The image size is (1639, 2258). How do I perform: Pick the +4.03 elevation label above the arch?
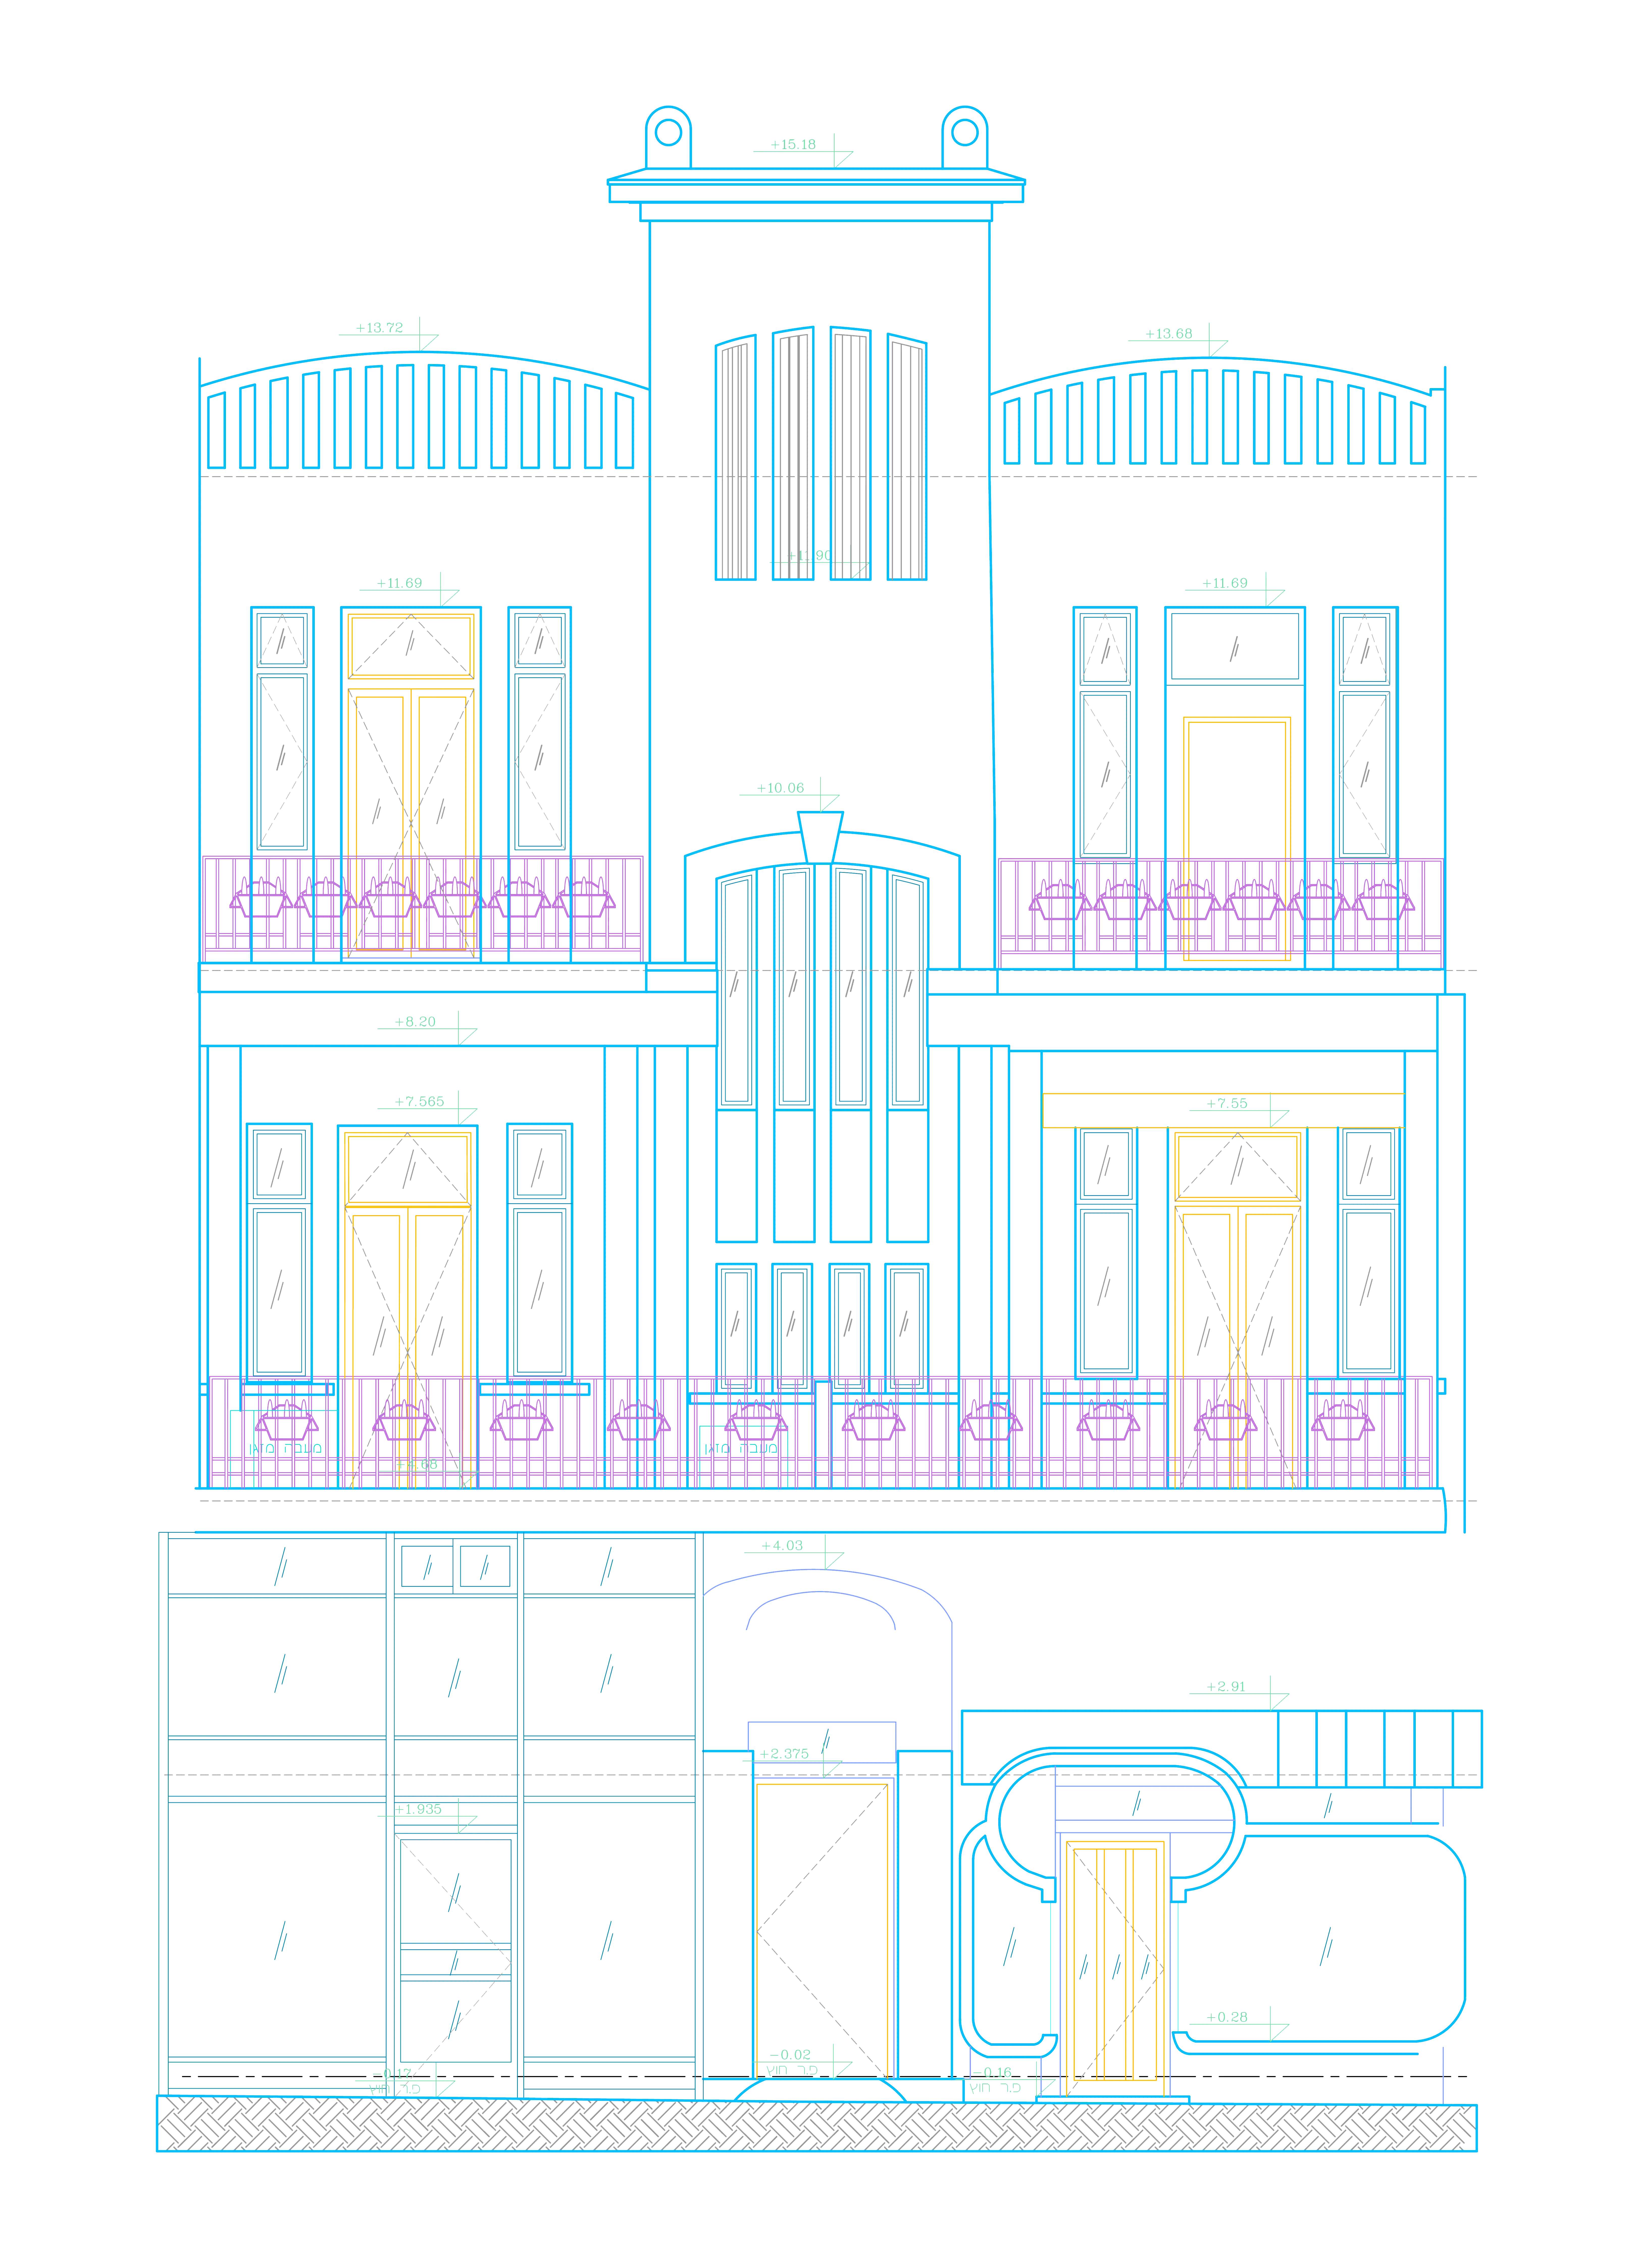click(x=782, y=1546)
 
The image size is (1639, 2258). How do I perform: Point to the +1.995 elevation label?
click(x=418, y=1810)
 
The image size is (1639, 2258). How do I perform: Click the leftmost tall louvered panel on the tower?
click(x=734, y=458)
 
